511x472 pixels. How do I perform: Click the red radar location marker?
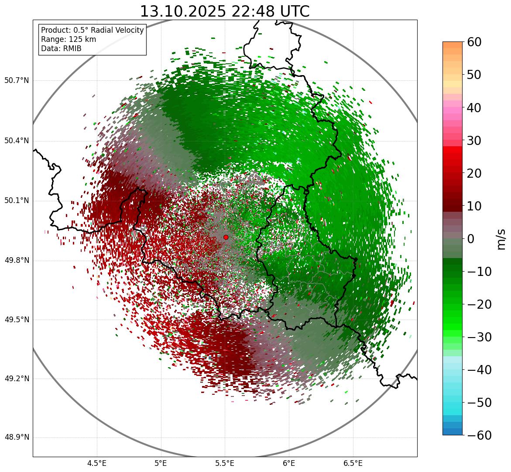coord(226,237)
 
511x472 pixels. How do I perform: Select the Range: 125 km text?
coord(69,39)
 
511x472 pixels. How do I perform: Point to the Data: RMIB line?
coord(61,48)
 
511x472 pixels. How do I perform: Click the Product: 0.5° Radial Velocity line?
coord(92,30)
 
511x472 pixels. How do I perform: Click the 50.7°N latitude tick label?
coord(17,81)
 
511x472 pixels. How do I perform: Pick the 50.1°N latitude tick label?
coord(17,201)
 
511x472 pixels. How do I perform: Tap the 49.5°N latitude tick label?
coord(17,320)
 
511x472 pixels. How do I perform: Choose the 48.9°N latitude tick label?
coord(17,438)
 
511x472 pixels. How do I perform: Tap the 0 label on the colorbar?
coord(471,239)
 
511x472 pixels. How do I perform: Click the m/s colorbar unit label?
coord(501,239)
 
